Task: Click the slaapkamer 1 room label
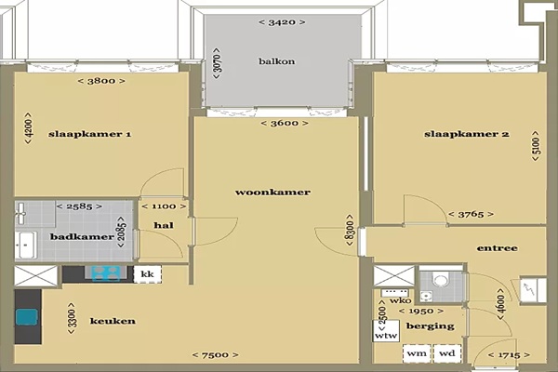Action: (x=89, y=134)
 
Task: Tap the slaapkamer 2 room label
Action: (x=467, y=134)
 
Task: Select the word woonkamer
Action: (x=272, y=193)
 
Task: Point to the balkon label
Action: (x=277, y=61)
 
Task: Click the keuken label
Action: (x=113, y=321)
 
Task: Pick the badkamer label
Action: (x=82, y=237)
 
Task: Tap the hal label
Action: (x=164, y=225)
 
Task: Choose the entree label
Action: (x=498, y=248)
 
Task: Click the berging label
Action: (x=431, y=326)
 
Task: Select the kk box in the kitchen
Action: (x=147, y=274)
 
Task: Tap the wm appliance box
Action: (x=417, y=353)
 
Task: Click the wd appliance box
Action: (x=447, y=353)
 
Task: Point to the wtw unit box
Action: (x=386, y=331)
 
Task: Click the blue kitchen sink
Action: (x=27, y=316)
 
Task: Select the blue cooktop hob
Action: (x=106, y=273)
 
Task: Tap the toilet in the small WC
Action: (x=441, y=280)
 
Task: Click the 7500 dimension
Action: (x=216, y=355)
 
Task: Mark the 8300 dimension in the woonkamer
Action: (x=350, y=230)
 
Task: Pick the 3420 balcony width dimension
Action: (x=282, y=22)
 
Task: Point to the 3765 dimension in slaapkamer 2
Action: (x=471, y=214)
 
